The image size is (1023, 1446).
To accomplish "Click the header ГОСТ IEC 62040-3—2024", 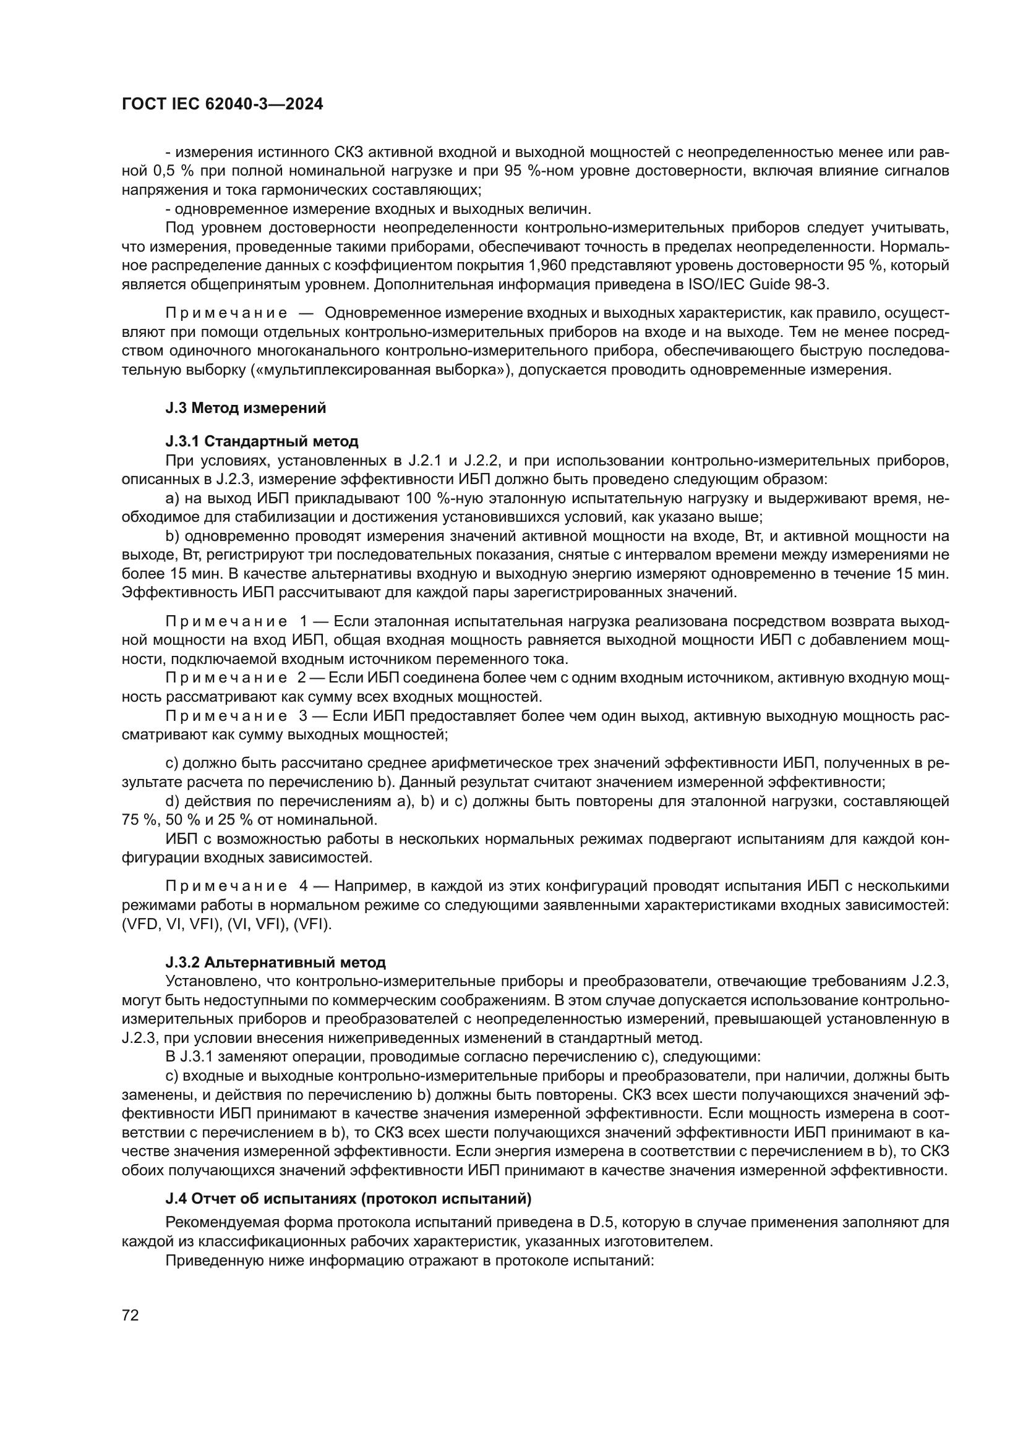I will pos(222,104).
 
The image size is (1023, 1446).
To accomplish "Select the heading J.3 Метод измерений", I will pos(246,408).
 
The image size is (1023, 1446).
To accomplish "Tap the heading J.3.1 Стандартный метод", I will pos(262,441).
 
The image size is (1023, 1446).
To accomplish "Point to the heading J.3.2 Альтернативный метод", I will pos(275,963).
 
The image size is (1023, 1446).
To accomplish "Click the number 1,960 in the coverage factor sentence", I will pos(526,265).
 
